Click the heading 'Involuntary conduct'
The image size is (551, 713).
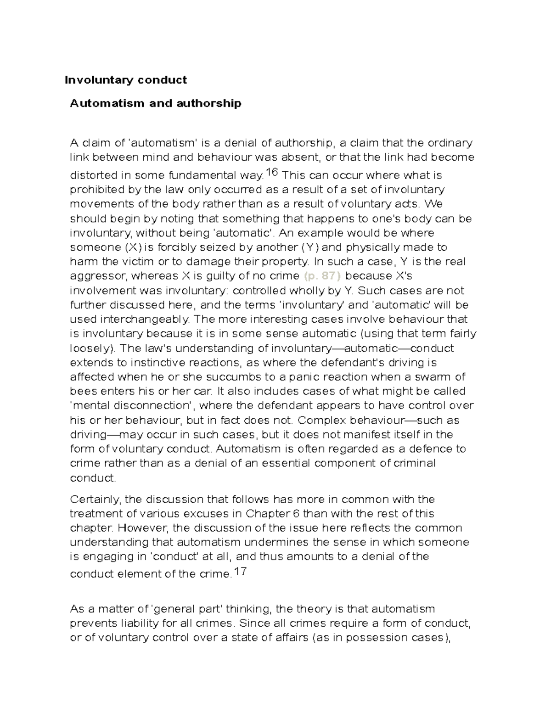click(125, 80)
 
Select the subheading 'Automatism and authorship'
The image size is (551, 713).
click(155, 103)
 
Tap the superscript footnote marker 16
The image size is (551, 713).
click(272, 172)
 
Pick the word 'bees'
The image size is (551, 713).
click(84, 392)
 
